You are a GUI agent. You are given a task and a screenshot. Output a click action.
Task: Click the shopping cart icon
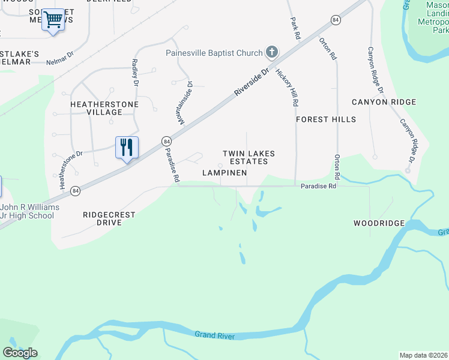[x=53, y=20]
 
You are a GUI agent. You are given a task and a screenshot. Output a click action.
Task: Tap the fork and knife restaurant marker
[x=127, y=147]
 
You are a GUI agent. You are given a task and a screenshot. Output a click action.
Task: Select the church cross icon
[x=272, y=52]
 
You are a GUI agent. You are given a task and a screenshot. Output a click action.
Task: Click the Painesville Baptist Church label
[x=214, y=53]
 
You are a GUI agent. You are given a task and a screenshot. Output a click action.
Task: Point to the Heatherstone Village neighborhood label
[x=104, y=108]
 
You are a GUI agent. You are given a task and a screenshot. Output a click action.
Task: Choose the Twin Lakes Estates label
[x=249, y=158]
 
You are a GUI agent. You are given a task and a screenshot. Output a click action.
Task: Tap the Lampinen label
[x=224, y=173]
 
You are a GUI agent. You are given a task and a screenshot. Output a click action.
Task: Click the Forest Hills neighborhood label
[x=326, y=119]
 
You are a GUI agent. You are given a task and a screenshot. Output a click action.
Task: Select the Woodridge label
[x=379, y=223]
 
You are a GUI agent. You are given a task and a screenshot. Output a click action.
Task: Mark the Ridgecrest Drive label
[x=110, y=218]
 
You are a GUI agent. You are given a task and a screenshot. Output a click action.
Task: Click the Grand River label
[x=214, y=336]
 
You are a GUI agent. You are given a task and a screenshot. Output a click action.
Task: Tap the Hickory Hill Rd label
[x=287, y=88]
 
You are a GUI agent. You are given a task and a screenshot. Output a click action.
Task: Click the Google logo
[x=20, y=353]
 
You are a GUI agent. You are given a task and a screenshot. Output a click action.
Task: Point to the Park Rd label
[x=294, y=28]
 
